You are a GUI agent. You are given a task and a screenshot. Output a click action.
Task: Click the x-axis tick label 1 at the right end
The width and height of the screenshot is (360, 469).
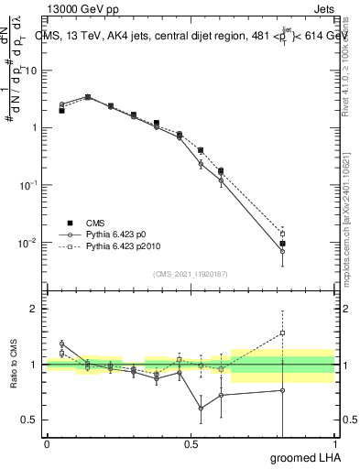click(x=334, y=444)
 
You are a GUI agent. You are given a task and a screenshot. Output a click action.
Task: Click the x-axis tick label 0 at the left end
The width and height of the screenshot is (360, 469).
click(x=47, y=444)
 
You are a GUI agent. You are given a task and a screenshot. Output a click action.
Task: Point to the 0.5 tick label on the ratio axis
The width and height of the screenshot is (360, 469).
click(x=31, y=420)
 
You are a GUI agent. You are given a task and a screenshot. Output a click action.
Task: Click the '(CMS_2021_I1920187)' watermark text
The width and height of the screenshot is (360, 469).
click(x=191, y=272)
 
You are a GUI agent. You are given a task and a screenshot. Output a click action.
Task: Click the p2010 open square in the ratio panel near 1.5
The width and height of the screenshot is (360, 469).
click(x=283, y=333)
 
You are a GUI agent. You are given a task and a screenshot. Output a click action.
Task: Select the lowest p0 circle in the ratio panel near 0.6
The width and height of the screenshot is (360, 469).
click(x=201, y=409)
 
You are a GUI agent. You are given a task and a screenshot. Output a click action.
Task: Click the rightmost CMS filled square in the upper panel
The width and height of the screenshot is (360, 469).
click(x=283, y=244)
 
